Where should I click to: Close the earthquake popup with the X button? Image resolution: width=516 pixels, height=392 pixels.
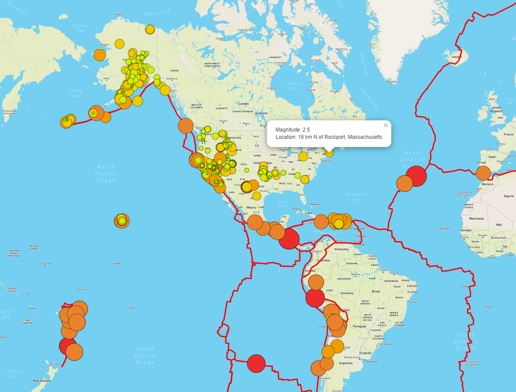[386, 126]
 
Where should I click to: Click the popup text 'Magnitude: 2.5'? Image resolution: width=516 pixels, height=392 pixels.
[292, 129]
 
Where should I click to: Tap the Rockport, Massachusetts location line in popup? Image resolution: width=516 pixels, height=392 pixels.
[329, 137]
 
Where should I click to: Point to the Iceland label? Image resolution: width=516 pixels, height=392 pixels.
[456, 57]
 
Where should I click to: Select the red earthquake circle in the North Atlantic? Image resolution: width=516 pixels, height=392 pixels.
[416, 175]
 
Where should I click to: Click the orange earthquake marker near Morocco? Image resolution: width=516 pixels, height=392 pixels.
[483, 173]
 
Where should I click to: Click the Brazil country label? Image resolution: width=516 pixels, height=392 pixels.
[376, 291]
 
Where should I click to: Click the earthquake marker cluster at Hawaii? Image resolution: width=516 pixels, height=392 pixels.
[122, 221]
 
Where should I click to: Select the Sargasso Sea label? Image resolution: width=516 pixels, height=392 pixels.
[355, 197]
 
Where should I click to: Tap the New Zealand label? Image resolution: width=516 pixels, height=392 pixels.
[42, 381]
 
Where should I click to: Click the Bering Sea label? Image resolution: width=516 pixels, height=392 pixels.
[75, 94]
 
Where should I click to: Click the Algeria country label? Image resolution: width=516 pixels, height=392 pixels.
[509, 196]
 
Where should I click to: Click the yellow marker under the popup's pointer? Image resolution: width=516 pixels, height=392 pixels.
[329, 152]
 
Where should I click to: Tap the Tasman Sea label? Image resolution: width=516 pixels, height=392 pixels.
[13, 374]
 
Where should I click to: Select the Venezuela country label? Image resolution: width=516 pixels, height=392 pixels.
[341, 249]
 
